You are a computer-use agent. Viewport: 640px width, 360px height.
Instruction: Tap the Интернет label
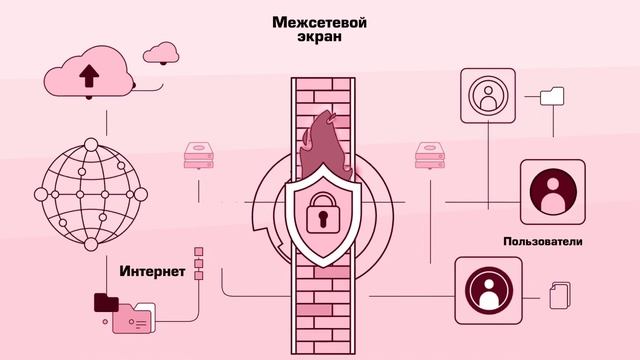click(x=152, y=271)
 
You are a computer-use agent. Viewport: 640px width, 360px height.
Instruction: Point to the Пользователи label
click(x=543, y=242)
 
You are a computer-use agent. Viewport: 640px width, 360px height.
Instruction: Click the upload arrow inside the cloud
click(x=89, y=75)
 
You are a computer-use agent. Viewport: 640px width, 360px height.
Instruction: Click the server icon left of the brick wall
click(x=198, y=155)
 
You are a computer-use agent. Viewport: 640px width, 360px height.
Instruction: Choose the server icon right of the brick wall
click(x=428, y=156)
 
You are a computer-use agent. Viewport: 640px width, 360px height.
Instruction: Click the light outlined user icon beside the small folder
click(x=489, y=96)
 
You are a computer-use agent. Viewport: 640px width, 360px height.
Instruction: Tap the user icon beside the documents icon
click(x=489, y=290)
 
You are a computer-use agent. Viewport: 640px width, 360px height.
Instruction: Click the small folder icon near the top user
click(x=551, y=96)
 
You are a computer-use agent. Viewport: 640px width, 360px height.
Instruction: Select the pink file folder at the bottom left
click(x=134, y=319)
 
